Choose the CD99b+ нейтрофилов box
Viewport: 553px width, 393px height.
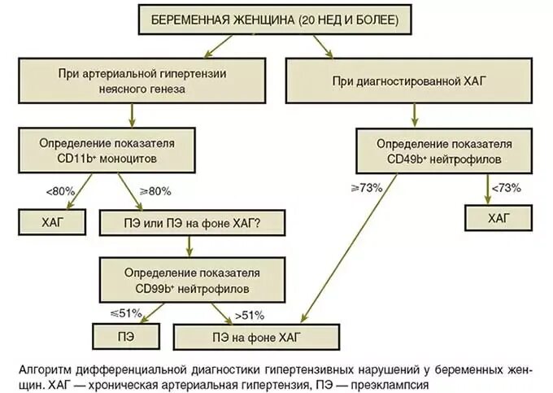tap(192, 277)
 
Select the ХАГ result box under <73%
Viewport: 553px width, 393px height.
tap(498, 218)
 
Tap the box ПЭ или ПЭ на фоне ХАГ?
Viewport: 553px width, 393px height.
tap(191, 221)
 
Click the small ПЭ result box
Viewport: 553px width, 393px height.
tap(124, 335)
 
